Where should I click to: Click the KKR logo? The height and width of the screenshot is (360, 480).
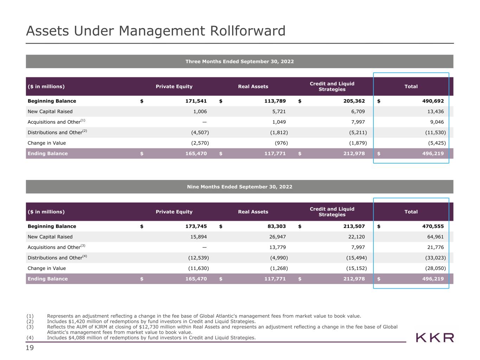(x=435, y=337)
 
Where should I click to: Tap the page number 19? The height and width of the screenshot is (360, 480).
(x=30, y=348)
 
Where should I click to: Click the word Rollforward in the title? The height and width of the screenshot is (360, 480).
(x=248, y=31)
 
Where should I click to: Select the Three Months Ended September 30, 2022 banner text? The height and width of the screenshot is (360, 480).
(x=239, y=62)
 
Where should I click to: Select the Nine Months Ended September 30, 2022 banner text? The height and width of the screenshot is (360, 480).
(x=239, y=187)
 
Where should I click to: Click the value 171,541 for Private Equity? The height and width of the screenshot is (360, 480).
(x=196, y=101)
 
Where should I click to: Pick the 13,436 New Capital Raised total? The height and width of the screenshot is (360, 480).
(x=435, y=111)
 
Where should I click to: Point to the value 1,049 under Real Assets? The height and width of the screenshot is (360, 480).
(x=279, y=122)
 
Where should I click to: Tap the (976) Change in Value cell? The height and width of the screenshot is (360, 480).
(x=281, y=143)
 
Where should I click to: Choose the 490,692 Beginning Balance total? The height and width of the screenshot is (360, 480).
(x=433, y=101)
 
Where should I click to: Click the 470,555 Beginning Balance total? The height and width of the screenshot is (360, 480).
(x=433, y=226)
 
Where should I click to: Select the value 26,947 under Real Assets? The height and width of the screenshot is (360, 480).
(x=277, y=237)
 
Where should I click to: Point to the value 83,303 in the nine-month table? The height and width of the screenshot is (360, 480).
(x=277, y=226)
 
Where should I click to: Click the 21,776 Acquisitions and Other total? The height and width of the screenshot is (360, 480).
(x=435, y=247)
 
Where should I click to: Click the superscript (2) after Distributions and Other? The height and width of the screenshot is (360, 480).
(x=85, y=131)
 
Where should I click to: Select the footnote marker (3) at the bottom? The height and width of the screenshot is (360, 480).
(x=30, y=327)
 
